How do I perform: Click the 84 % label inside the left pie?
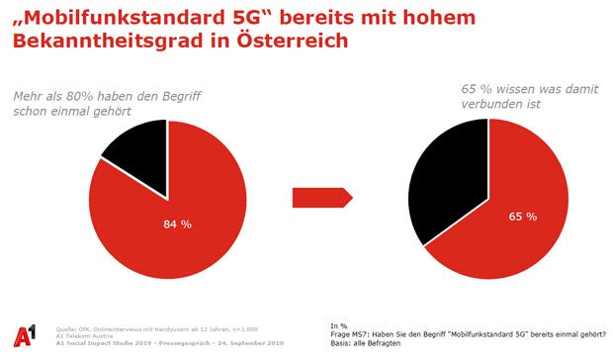[178, 224]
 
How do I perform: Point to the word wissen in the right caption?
[517, 87]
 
